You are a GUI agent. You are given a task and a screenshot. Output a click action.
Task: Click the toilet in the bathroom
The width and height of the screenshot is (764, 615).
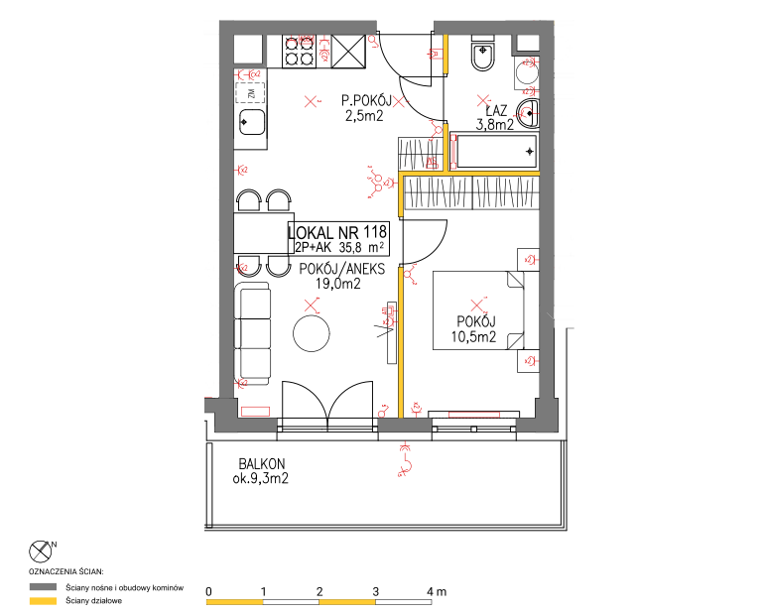[x=483, y=54]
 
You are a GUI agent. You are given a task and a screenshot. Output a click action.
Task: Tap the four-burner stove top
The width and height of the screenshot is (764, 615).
[x=299, y=52]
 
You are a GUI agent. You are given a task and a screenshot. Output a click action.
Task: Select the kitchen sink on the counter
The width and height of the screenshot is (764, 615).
[x=251, y=122]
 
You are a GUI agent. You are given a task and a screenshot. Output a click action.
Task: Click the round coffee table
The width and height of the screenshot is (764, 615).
[x=312, y=333]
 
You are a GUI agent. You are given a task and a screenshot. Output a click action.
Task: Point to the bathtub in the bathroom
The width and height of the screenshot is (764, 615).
[x=494, y=151]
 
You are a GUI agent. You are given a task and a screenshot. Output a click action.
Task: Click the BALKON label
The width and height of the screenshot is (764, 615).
[x=262, y=464]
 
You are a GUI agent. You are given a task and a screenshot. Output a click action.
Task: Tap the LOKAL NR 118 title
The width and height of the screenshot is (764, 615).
[x=337, y=231]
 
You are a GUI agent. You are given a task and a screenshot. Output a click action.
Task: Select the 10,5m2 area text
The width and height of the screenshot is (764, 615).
[x=473, y=336]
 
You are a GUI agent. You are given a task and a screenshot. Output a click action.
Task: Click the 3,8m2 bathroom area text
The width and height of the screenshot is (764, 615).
[x=494, y=125]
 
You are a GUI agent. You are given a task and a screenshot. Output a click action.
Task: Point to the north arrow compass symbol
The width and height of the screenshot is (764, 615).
[x=41, y=552]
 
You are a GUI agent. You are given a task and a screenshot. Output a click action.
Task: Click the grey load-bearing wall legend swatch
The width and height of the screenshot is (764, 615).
[x=43, y=587]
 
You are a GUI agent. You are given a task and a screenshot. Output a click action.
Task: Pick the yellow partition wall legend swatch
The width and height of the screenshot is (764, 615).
[x=43, y=601]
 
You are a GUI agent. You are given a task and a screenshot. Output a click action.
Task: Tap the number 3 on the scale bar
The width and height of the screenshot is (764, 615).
[x=376, y=592]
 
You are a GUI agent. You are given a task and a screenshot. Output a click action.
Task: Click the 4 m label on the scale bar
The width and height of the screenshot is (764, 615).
[x=437, y=592]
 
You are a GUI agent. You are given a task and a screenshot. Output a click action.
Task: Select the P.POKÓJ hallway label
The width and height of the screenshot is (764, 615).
[x=366, y=101]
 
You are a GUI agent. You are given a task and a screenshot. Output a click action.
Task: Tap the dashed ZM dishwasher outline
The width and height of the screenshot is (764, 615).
[x=250, y=92]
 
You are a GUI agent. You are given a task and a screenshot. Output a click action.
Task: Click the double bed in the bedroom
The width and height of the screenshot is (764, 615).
[x=478, y=310]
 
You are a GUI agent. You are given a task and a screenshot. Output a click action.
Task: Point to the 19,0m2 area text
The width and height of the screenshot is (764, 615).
[x=338, y=284]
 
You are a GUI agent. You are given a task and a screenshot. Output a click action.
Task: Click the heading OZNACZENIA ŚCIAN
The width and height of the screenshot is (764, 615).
[x=66, y=571]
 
